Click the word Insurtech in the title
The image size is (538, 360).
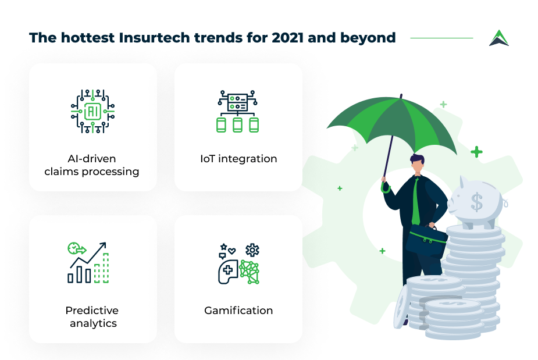(x=155, y=38)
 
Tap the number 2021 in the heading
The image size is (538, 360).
(x=287, y=38)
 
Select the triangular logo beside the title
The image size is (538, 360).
(x=499, y=38)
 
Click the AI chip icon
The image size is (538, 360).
(x=92, y=111)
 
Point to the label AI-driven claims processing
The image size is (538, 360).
(x=92, y=165)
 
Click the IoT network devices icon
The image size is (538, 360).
(x=237, y=111)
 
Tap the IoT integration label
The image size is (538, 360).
(x=238, y=159)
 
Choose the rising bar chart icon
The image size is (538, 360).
(x=88, y=262)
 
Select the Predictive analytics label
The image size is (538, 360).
(x=92, y=317)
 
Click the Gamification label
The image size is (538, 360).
(x=238, y=311)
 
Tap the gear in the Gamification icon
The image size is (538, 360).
(x=252, y=250)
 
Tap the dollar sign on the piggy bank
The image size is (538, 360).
(x=476, y=202)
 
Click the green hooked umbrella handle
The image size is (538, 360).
(x=384, y=188)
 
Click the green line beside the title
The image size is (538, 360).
(x=441, y=38)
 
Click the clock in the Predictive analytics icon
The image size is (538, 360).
(x=73, y=248)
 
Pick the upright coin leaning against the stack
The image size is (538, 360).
(x=401, y=306)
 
